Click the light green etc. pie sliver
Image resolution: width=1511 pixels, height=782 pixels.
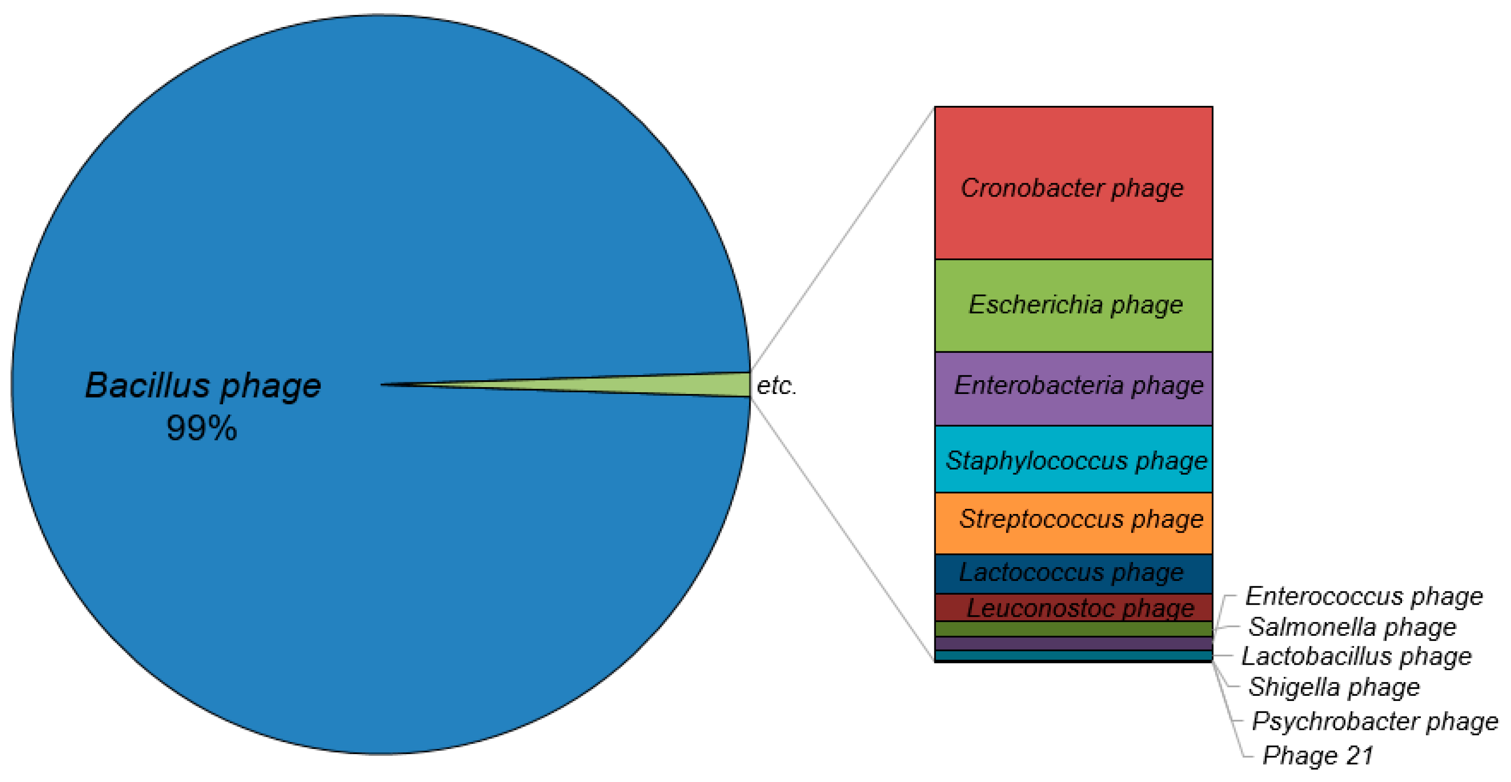point(704,385)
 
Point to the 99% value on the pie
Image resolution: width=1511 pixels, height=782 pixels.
point(202,428)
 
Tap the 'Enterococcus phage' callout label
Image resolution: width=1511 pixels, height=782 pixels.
point(1364,596)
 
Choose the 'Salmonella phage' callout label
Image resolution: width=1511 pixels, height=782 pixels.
point(1352,627)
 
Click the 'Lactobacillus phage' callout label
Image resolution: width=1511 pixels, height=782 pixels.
point(1356,656)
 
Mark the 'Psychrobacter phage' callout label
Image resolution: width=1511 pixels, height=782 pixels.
point(1375,721)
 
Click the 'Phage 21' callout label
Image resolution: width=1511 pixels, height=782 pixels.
point(1317,755)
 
